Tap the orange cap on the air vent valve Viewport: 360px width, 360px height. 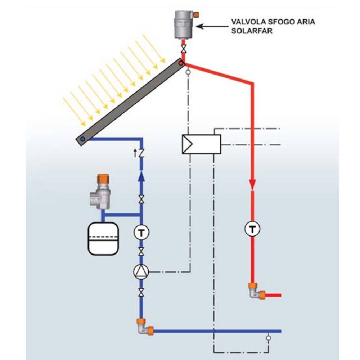pyautogui.click(x=196, y=15)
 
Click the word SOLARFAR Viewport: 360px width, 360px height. pyautogui.click(x=247, y=31)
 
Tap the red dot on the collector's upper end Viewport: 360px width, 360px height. pyautogui.click(x=181, y=63)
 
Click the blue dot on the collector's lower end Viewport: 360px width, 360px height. pyautogui.click(x=82, y=139)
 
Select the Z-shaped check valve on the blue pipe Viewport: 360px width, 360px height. pyautogui.click(x=141, y=153)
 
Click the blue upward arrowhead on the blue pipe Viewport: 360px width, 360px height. pyautogui.click(x=141, y=175)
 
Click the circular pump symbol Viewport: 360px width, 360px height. pyautogui.click(x=141, y=272)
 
